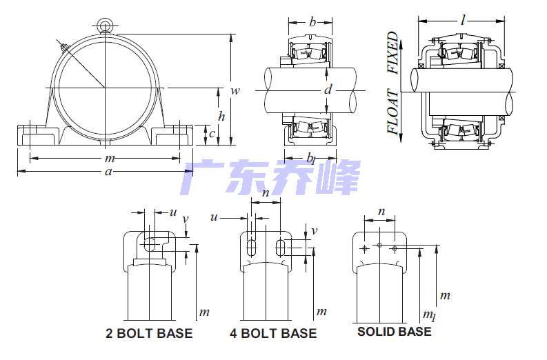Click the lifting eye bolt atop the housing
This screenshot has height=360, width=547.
click(x=105, y=26)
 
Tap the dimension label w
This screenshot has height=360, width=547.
click(x=235, y=91)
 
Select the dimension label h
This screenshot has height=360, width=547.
click(x=221, y=116)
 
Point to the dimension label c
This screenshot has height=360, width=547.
click(x=212, y=134)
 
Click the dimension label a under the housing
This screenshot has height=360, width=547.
click(x=108, y=171)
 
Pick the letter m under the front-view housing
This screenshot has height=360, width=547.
click(x=110, y=159)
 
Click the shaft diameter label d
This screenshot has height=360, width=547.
click(x=328, y=90)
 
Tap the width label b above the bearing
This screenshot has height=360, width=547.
click(x=312, y=22)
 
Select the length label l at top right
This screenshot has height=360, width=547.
click(x=463, y=20)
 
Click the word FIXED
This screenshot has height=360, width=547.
click(x=393, y=52)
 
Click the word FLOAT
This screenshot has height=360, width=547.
click(x=393, y=112)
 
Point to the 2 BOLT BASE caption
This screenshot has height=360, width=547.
click(x=149, y=333)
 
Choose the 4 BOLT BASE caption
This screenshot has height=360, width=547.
click(x=273, y=333)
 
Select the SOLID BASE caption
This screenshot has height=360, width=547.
click(x=394, y=332)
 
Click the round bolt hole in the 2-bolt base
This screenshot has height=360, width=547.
click(x=150, y=244)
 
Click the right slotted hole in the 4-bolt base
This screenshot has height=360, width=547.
click(x=280, y=248)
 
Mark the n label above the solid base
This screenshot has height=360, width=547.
click(x=381, y=212)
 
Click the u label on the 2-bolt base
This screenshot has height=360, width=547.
click(x=173, y=212)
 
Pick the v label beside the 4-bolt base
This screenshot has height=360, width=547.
click(x=315, y=230)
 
